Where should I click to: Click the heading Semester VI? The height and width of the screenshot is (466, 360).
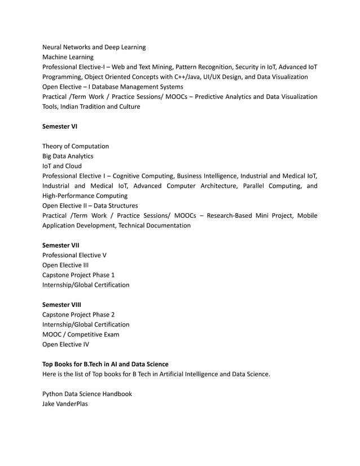60,126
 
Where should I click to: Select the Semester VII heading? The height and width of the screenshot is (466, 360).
61,245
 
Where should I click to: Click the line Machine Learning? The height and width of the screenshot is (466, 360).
68,57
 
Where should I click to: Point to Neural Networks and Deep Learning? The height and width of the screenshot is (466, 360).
94,47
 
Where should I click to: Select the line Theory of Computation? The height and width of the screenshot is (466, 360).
76,146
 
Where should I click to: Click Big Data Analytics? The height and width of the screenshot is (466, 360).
68,156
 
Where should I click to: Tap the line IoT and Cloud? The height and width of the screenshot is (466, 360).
62,166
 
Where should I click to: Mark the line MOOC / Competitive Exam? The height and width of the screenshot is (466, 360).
81,334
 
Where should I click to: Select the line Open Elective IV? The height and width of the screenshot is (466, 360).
65,344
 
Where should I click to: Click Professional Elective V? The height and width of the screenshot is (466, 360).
74,255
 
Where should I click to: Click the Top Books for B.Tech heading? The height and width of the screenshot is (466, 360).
106,364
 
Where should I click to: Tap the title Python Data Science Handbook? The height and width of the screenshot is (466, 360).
87,393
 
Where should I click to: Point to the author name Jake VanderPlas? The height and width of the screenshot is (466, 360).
65,403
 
